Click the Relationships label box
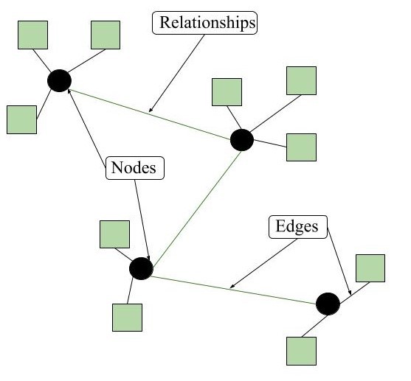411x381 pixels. (205, 23)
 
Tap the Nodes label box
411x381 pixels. (134, 167)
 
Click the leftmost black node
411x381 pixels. (59, 80)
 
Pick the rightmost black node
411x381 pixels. (328, 303)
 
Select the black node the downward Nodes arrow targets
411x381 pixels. (140, 268)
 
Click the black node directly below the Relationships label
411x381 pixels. (241, 139)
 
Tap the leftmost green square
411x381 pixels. (21, 119)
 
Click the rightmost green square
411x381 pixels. (370, 268)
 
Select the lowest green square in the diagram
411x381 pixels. (300, 351)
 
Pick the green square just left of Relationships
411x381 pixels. (106, 35)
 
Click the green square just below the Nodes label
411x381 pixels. (114, 234)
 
